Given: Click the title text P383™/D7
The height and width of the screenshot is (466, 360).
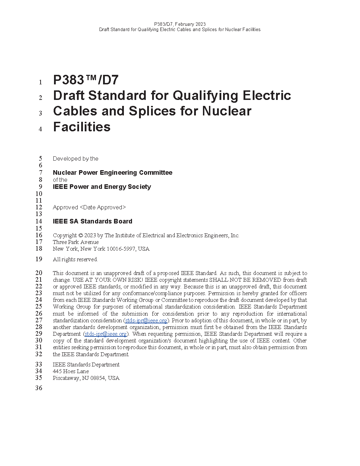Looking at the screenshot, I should (x=86, y=80).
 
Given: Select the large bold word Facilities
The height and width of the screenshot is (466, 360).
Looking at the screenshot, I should (x=82, y=127).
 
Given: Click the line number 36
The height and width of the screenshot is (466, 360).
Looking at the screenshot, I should (x=38, y=388).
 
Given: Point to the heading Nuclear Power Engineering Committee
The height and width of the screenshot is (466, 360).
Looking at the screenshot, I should (x=113, y=173).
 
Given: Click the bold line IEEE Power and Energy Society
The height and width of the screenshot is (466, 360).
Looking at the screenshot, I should (x=102, y=187).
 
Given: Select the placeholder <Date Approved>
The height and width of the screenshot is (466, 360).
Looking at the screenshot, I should (x=103, y=208).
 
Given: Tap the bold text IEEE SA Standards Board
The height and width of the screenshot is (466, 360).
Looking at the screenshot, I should (x=92, y=221).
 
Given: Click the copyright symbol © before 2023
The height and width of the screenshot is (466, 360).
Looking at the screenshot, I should (x=80, y=235).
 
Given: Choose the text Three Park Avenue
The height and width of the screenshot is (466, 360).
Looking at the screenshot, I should (x=76, y=242).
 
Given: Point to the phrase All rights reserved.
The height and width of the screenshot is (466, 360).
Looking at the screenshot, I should (x=75, y=259).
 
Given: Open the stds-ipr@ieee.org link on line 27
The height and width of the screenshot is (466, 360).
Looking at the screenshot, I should (x=146, y=321).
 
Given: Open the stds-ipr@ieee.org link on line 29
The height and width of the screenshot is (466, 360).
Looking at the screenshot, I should (x=106, y=334).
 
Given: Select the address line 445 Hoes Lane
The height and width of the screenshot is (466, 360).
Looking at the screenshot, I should (x=71, y=371).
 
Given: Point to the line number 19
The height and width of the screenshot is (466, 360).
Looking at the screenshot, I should (x=38, y=259).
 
